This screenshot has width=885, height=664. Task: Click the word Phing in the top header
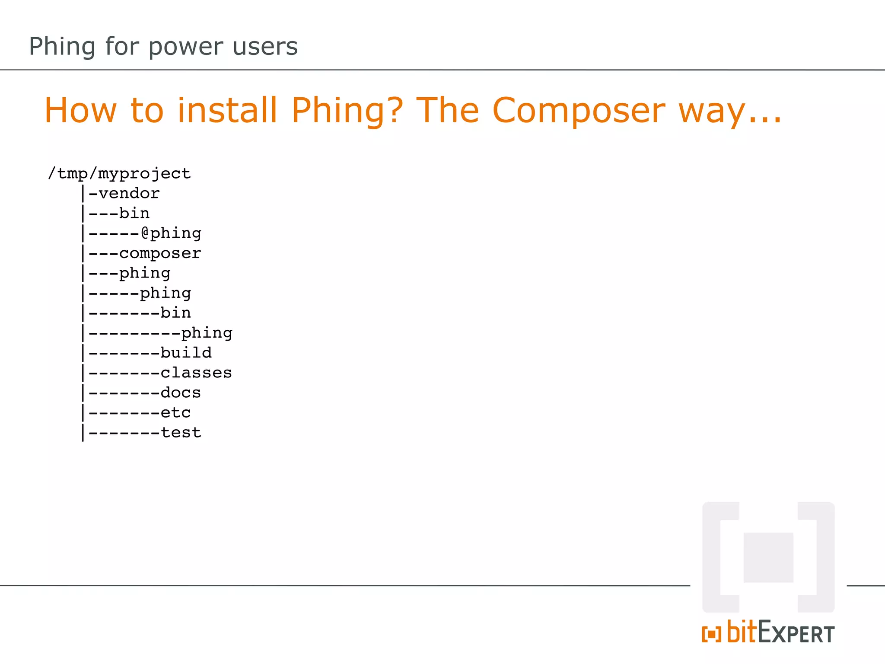point(62,47)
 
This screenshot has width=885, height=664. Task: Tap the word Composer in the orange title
point(579,111)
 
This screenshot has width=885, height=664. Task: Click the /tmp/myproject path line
point(119,174)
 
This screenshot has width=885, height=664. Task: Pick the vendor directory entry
point(129,193)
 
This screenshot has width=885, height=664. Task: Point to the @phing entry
point(171,233)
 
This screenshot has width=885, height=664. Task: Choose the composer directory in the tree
point(160,253)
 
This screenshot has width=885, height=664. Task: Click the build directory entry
point(186,353)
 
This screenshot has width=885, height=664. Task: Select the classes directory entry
point(196,373)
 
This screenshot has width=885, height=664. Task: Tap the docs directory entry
point(181,393)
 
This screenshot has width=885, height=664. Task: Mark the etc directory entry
point(175,412)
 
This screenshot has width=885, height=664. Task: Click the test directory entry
point(181,432)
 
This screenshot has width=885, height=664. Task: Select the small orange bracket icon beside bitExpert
point(711,634)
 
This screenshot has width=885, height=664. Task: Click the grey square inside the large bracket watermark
point(768,557)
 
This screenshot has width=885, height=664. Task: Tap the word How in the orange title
point(80,111)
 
